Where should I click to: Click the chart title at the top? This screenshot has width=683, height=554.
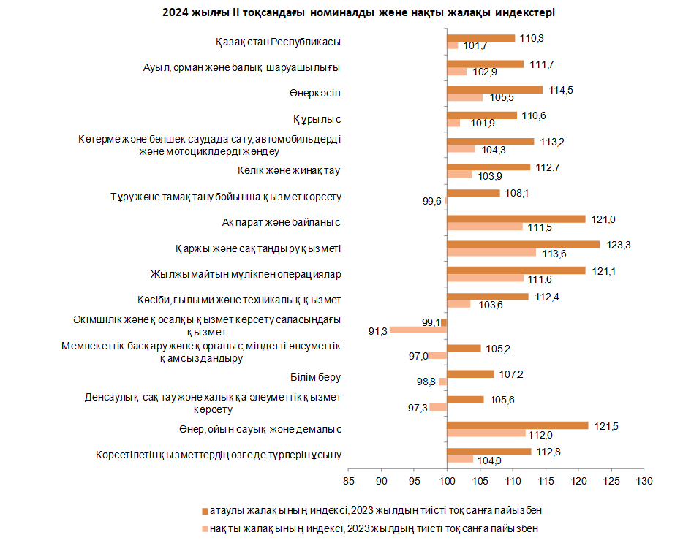point(358,12)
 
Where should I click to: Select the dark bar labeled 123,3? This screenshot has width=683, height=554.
point(523,245)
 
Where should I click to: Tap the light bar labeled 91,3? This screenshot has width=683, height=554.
point(418,330)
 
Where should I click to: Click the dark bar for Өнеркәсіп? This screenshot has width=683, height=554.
point(495,90)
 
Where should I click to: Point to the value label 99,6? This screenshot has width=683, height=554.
point(431,201)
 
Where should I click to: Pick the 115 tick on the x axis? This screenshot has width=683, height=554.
point(546,481)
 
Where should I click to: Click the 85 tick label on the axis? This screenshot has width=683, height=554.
point(349,481)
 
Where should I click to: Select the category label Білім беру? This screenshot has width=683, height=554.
point(315,377)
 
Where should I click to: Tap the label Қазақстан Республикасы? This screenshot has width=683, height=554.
point(278,42)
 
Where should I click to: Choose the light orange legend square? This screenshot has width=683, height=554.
point(205,529)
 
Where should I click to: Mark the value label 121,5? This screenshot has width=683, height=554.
point(606,427)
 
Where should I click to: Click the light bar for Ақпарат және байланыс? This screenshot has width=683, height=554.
point(485,227)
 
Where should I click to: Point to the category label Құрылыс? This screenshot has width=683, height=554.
point(317,119)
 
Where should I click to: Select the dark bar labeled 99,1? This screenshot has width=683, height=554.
point(444,322)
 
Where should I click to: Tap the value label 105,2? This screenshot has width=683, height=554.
point(498,349)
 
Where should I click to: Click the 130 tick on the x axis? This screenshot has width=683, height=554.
point(644,481)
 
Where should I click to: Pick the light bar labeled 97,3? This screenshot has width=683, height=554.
point(438,407)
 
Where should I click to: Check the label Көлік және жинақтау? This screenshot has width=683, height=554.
point(289,170)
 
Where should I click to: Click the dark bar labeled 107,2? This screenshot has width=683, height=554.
point(470,373)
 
